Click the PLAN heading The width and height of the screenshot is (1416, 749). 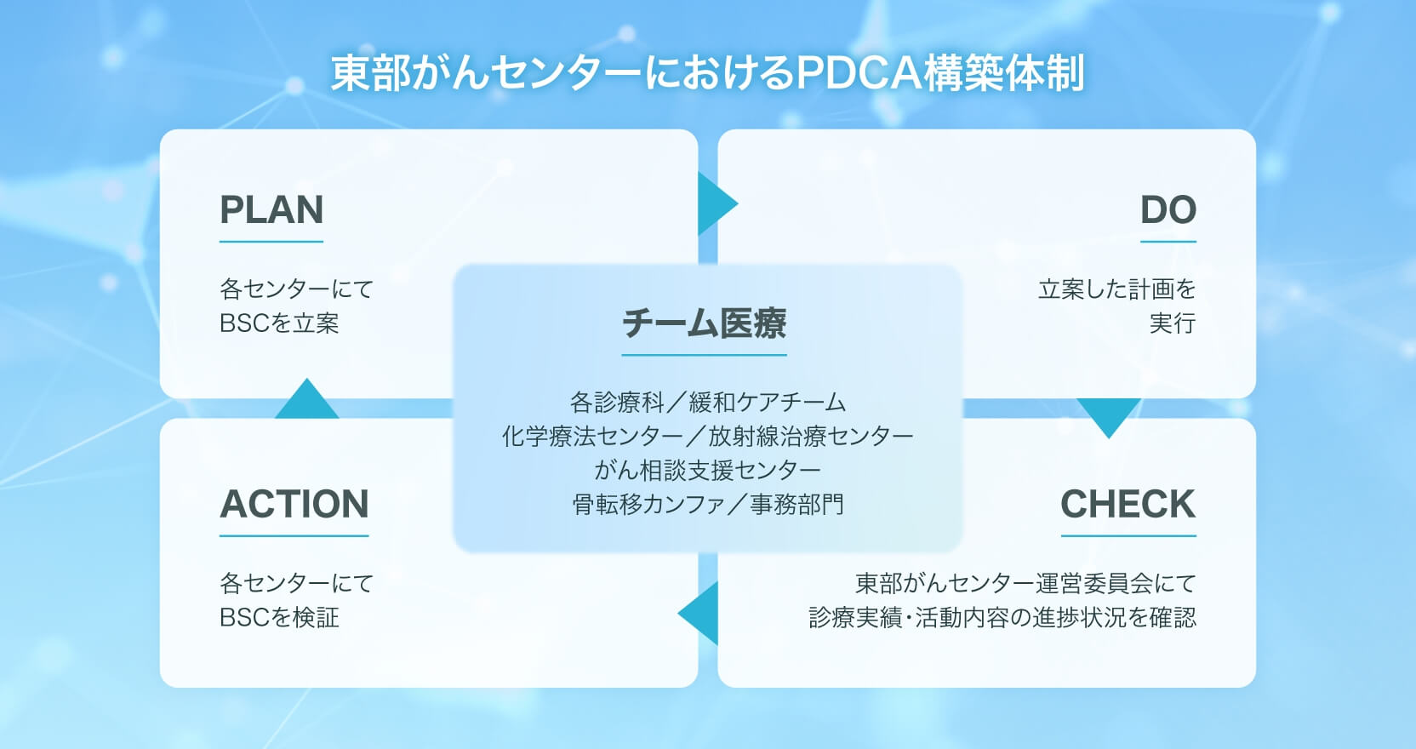(271, 210)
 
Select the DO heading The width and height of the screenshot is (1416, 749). (1168, 210)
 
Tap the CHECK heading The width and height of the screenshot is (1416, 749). (1128, 504)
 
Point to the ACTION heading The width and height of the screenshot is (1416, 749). (294, 504)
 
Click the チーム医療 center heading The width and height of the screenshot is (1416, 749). (704, 323)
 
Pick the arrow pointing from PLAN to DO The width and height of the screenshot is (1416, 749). (715, 204)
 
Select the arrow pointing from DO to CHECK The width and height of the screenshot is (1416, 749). (1108, 415)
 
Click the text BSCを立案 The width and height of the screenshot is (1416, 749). (279, 323)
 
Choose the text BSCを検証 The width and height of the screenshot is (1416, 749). (279, 617)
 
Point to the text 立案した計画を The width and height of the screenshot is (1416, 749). (1116, 289)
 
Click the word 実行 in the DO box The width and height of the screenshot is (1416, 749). (1172, 323)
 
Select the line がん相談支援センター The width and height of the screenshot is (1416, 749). (707, 470)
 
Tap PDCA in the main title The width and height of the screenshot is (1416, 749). (858, 73)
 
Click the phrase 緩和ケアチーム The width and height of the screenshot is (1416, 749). (768, 402)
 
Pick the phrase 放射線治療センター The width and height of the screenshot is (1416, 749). (810, 436)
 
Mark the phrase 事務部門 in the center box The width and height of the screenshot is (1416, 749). (796, 504)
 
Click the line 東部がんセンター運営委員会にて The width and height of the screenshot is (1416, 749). (1025, 583)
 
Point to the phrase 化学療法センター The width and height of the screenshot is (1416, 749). (592, 436)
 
